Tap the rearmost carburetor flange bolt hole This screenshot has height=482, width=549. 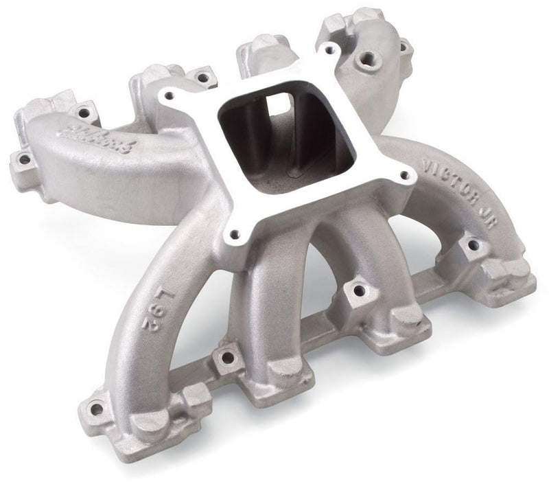pyautogui.click(x=327, y=49)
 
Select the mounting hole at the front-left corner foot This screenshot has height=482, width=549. pyautogui.click(x=95, y=410)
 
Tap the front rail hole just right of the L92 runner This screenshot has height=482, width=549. pyautogui.click(x=220, y=356)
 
